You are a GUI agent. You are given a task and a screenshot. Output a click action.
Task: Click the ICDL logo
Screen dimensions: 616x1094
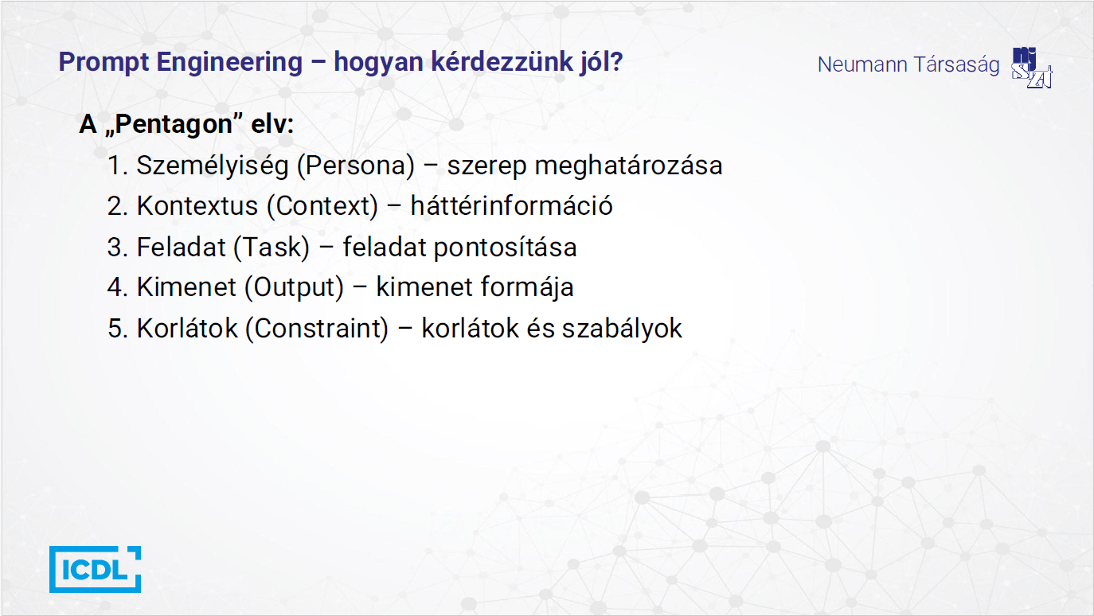95,569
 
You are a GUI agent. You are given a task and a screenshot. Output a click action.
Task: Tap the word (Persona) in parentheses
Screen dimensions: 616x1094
361,166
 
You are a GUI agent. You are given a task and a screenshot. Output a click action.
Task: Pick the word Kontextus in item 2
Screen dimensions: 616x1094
197,206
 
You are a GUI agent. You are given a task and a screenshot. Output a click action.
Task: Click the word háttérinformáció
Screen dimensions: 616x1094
511,206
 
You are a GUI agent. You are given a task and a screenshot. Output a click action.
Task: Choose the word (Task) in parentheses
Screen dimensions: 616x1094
271,247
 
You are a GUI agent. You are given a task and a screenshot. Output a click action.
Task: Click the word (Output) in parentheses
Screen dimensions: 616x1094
294,287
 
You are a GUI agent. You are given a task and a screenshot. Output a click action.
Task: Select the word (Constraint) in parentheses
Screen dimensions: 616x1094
316,328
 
